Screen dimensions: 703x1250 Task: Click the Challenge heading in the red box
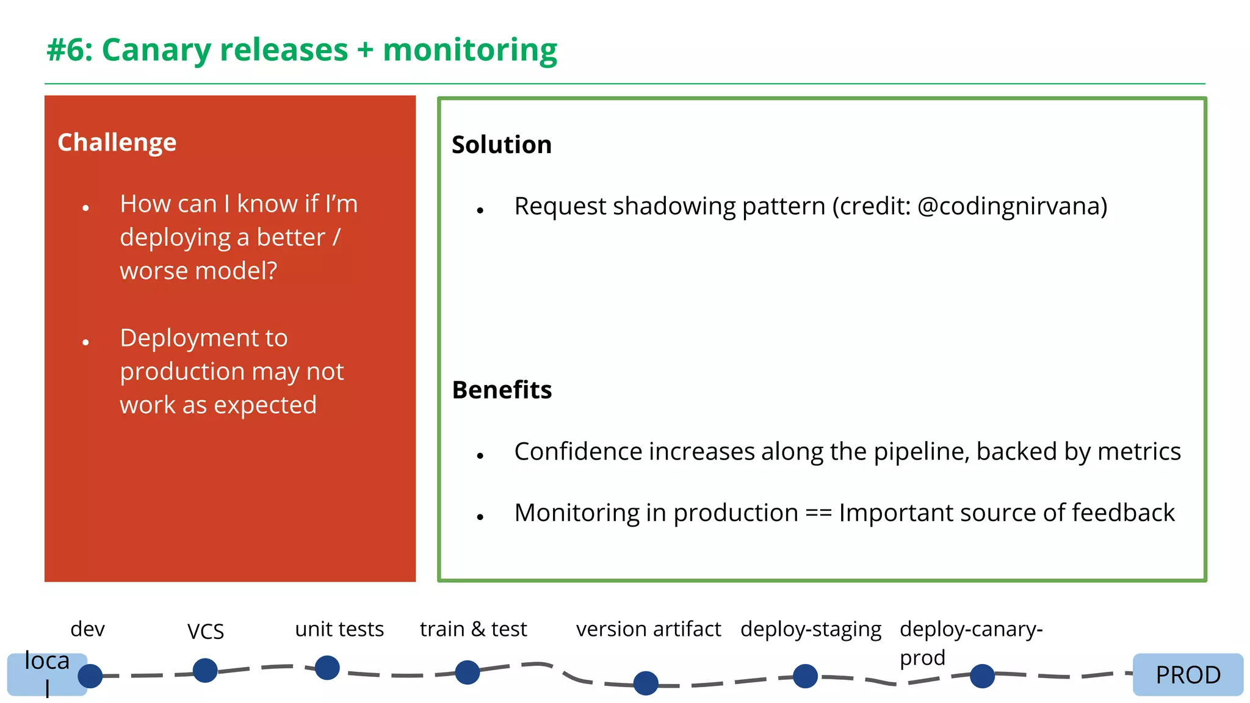117,142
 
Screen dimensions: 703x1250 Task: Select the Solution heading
501,145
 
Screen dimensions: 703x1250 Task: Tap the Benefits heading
502,390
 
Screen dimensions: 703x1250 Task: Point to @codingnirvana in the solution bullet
1011,206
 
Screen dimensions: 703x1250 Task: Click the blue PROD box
1187,674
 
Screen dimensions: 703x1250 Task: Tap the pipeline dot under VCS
205,670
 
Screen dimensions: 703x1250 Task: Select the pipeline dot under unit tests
327,668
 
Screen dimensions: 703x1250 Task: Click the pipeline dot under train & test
468,672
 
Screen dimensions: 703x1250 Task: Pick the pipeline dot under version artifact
646,683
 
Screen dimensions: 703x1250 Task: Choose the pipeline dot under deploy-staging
805,676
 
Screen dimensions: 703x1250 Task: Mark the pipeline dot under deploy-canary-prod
982,676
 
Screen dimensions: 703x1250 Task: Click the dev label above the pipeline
87,629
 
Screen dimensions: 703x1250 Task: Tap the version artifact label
648,629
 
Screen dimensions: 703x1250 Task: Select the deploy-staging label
811,629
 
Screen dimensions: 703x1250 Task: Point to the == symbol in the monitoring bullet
818,513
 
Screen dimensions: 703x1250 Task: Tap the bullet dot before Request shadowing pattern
480,211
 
